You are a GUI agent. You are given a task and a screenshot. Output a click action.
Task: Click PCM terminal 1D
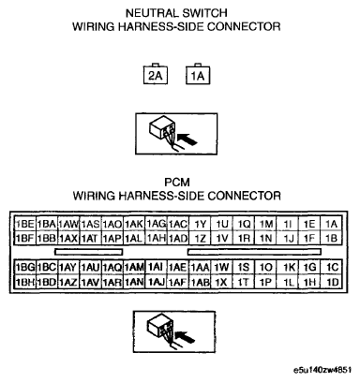click(332, 281)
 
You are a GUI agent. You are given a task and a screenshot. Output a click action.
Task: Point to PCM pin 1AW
click(68, 224)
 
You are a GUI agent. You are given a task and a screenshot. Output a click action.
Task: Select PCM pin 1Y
click(201, 224)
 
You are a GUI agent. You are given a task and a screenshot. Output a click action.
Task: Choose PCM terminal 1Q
click(244, 224)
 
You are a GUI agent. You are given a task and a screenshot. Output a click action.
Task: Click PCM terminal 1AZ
click(68, 281)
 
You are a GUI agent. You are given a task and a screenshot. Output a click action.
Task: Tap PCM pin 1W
click(222, 266)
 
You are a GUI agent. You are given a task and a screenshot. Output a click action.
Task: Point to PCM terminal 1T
click(244, 281)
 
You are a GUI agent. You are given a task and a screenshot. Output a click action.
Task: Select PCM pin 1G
click(310, 266)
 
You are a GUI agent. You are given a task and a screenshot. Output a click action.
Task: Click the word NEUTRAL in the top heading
click(151, 14)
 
